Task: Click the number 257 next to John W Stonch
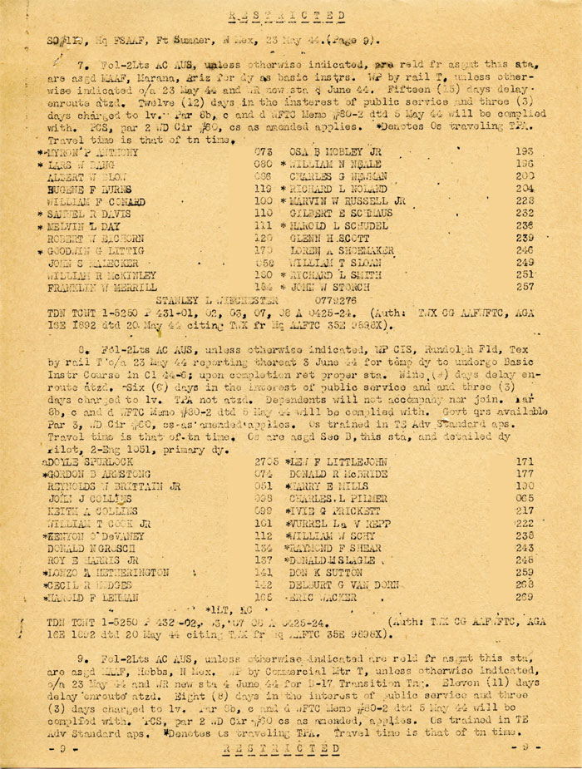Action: [x=525, y=287]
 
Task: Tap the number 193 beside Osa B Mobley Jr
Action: [x=525, y=152]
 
